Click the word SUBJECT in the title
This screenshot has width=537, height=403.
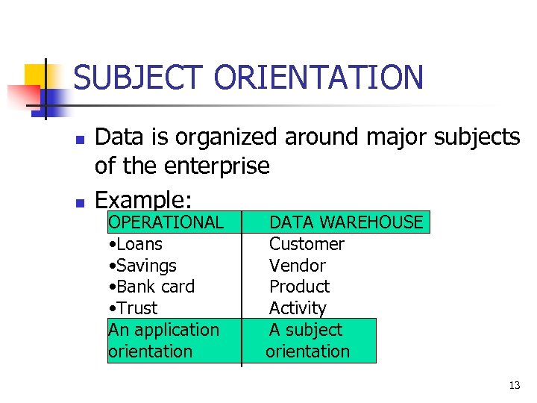[138, 77]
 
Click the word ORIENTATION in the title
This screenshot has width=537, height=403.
[318, 77]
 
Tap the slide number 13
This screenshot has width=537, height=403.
[514, 386]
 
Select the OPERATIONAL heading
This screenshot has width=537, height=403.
[166, 222]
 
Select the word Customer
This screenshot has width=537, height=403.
[307, 244]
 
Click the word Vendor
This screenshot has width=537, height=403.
[297, 266]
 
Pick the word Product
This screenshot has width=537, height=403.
[299, 287]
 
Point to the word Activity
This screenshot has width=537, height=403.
[298, 308]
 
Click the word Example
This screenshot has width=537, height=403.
[143, 201]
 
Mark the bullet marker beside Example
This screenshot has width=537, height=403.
[80, 202]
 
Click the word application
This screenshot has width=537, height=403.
[175, 330]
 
